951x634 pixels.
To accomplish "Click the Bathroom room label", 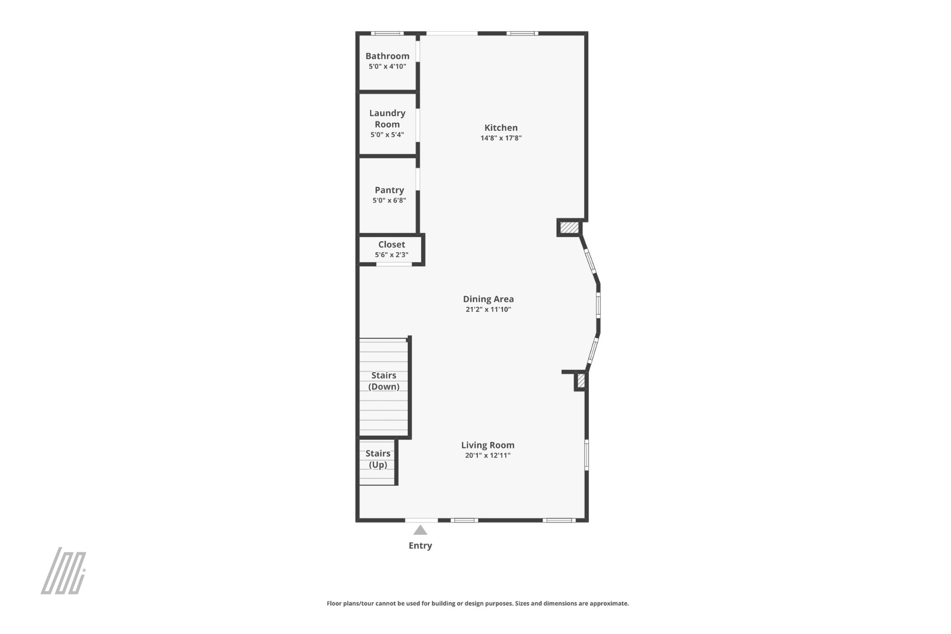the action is pyautogui.click(x=387, y=56).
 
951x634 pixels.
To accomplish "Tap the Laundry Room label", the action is pyautogui.click(x=387, y=119).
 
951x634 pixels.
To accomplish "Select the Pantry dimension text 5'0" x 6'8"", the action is pyautogui.click(x=389, y=200).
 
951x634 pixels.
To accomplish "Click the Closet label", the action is pyautogui.click(x=391, y=244).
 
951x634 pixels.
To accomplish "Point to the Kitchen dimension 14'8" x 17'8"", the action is pyautogui.click(x=501, y=138).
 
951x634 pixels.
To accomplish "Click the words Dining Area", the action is pyautogui.click(x=488, y=299).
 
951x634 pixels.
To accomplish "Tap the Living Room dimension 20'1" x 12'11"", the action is pyautogui.click(x=488, y=455).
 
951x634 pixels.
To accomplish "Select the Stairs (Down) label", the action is pyautogui.click(x=384, y=381).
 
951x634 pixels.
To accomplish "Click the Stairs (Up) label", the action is pyautogui.click(x=378, y=459).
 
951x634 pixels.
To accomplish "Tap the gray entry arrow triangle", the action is pyautogui.click(x=421, y=530).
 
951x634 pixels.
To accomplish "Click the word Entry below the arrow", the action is pyautogui.click(x=420, y=545).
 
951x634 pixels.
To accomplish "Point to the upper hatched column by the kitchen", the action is pyautogui.click(x=569, y=227).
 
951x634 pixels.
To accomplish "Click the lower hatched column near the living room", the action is pyautogui.click(x=581, y=381).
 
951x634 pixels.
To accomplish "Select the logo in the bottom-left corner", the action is pyautogui.click(x=63, y=571).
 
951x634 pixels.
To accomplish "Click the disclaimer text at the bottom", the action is pyautogui.click(x=477, y=603).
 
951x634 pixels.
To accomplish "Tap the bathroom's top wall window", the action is pyautogui.click(x=387, y=33).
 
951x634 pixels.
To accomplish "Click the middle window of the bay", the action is pyautogui.click(x=598, y=305).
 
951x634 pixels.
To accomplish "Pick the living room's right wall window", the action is pyautogui.click(x=586, y=455).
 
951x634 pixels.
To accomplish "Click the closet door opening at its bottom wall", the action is pyautogui.click(x=394, y=264).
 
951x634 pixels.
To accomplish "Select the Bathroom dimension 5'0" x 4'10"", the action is pyautogui.click(x=387, y=66).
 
